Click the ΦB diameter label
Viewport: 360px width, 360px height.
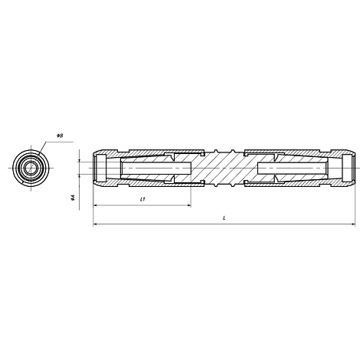tap(60, 136)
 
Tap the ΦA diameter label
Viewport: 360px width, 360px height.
tap(74, 197)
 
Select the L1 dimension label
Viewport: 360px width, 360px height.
tap(142, 199)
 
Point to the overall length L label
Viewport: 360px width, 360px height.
tap(224, 218)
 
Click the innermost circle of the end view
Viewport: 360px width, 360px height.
tap(31, 168)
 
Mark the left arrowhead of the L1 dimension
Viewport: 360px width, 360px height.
tap(95, 205)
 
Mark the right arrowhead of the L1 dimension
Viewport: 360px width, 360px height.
tap(189, 205)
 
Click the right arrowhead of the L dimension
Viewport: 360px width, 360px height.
tap(353, 224)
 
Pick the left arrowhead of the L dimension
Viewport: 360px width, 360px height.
tap(95, 224)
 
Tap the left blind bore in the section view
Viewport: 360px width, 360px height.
tap(156, 168)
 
